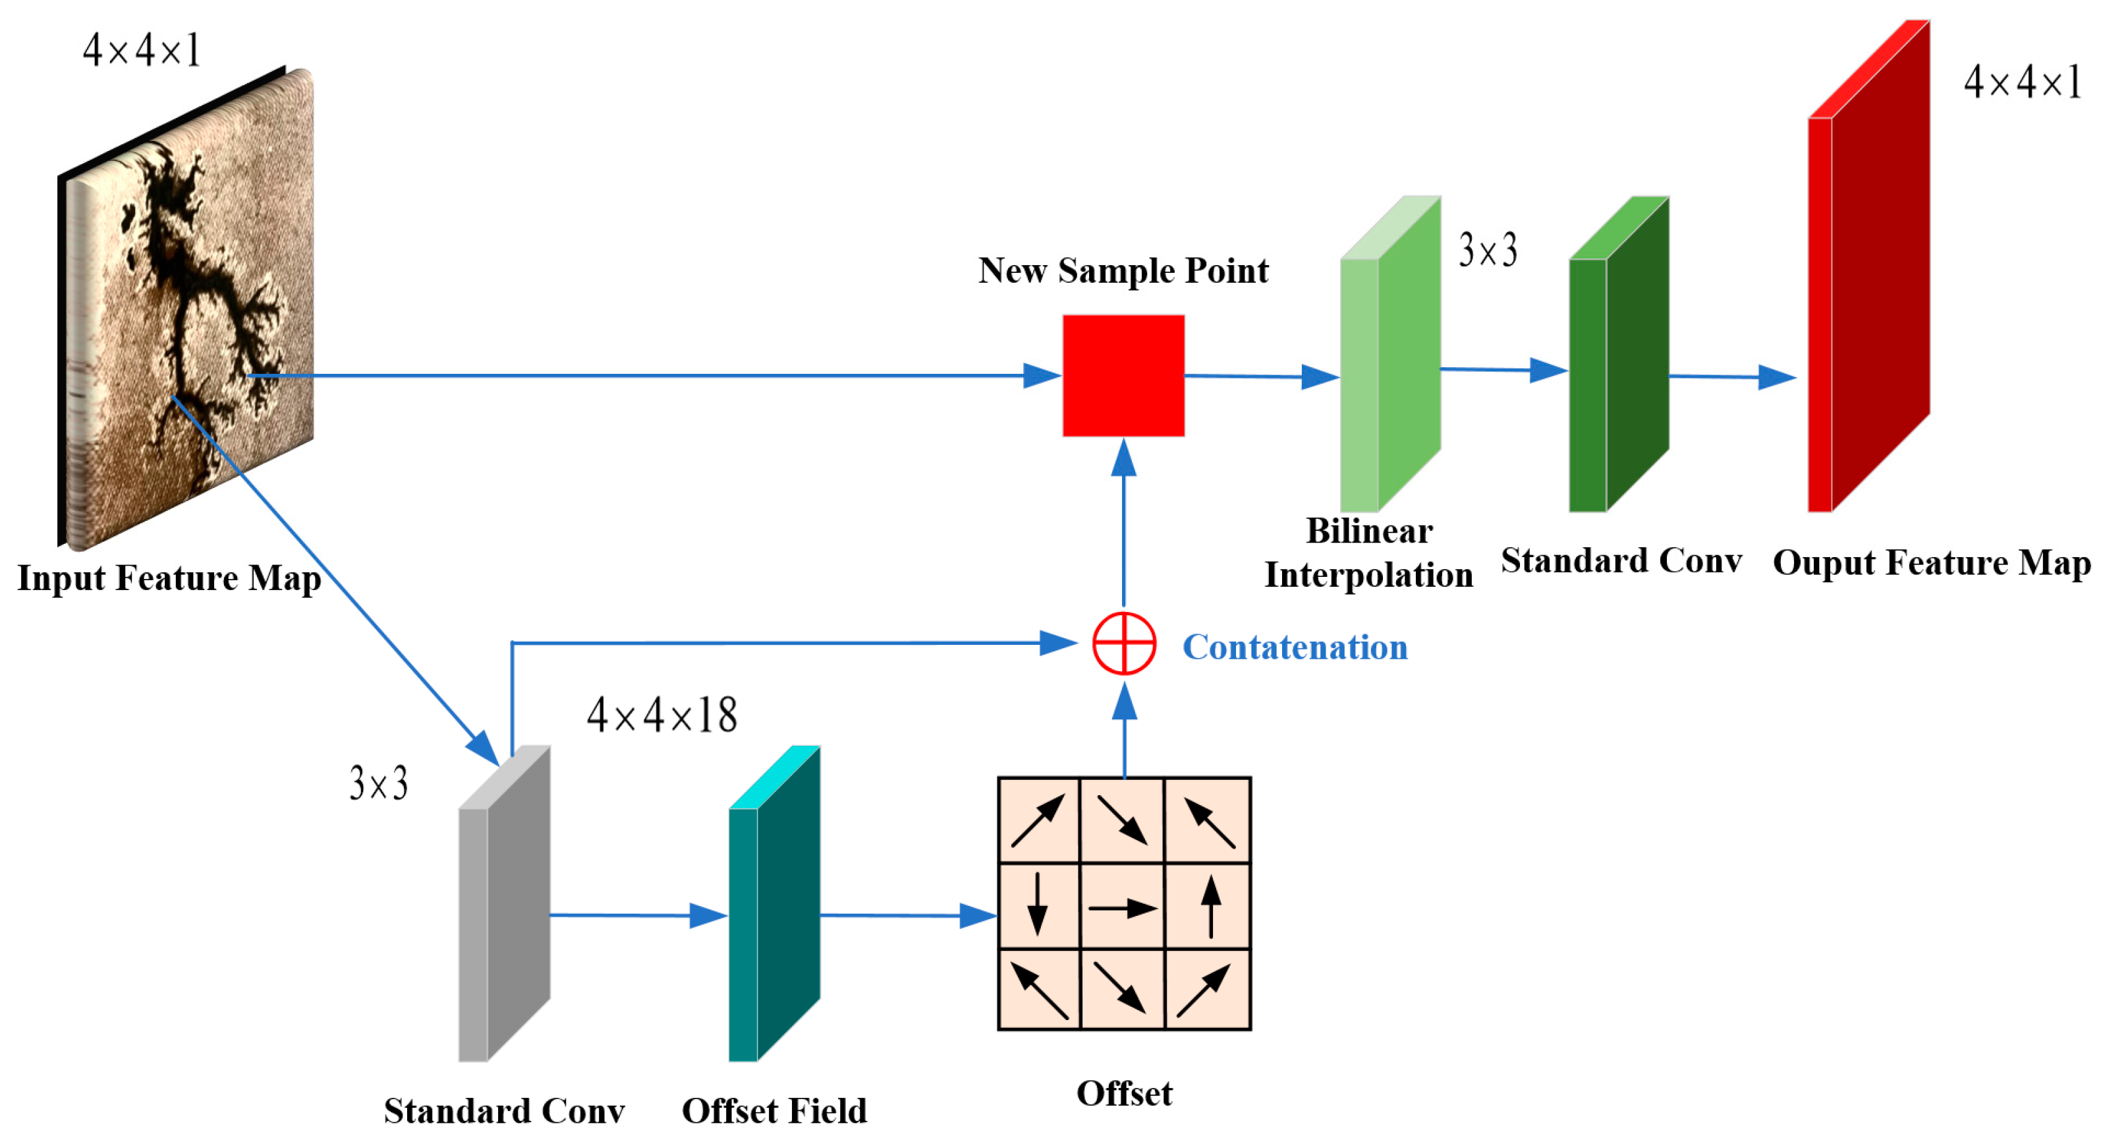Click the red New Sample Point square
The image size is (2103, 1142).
[x=1123, y=376]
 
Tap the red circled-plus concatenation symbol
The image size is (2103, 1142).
[x=1124, y=644]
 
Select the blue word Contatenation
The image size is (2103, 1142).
[x=1295, y=647]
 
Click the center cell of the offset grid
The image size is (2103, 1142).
[x=1123, y=907]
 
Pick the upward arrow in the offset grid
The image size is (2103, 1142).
[x=1211, y=907]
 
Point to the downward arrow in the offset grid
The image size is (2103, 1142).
[x=1037, y=903]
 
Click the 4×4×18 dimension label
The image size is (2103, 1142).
[x=661, y=715]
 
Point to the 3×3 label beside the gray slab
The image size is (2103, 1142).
[x=378, y=783]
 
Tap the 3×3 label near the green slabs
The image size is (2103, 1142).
[x=1488, y=250]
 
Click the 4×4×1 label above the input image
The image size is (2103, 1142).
[x=141, y=51]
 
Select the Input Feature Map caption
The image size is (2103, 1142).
[x=169, y=578]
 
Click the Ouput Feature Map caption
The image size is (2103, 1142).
[x=1932, y=563]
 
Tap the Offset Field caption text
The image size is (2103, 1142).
[x=774, y=1111]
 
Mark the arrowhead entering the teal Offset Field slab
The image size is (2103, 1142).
[x=710, y=915]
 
